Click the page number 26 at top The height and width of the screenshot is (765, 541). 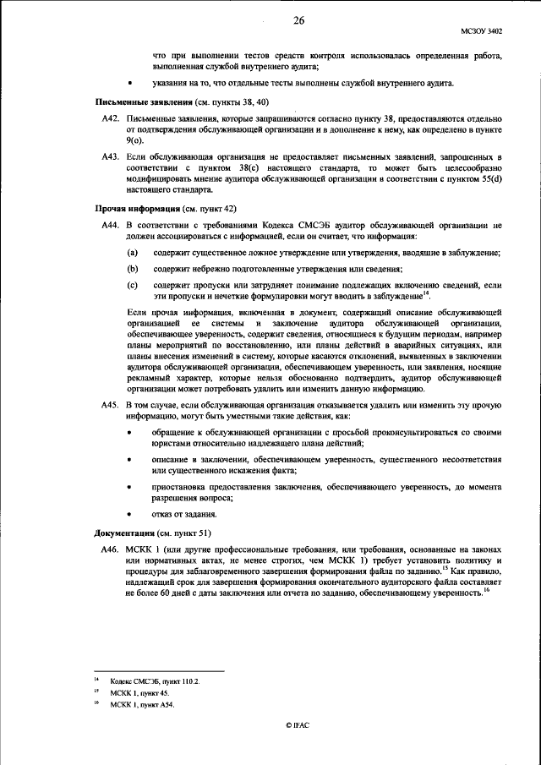pos(298,20)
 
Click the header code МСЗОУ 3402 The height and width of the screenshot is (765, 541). pos(482,31)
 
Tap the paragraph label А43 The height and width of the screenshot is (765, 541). pos(109,157)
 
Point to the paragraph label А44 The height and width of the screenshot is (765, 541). pos(109,227)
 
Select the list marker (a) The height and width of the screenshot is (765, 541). pos(133,254)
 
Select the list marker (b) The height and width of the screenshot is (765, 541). pos(133,268)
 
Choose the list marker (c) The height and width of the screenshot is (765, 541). pos(133,286)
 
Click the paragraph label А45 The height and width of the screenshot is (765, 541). pos(109,405)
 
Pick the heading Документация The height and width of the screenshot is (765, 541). pos(123,533)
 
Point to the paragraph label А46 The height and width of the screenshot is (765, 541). pos(109,549)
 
